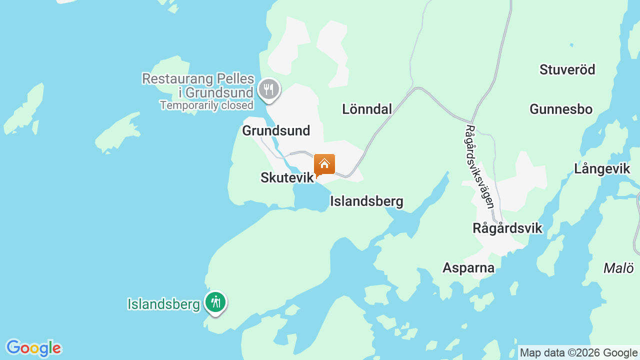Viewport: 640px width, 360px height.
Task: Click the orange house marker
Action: (x=324, y=164)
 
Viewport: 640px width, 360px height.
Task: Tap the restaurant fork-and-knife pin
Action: (x=269, y=89)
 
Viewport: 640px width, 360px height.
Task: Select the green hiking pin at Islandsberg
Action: (x=215, y=302)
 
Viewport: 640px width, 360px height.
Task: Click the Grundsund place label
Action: (x=276, y=130)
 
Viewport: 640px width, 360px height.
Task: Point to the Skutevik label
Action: (x=287, y=177)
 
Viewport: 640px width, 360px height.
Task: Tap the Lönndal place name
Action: (x=367, y=109)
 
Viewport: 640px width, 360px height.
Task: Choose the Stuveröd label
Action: (x=567, y=69)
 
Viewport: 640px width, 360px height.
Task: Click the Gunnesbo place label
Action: (x=561, y=109)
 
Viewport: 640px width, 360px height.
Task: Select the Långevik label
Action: (x=602, y=169)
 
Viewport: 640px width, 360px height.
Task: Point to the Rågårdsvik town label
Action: (x=507, y=228)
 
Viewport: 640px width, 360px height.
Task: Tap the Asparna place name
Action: (x=468, y=268)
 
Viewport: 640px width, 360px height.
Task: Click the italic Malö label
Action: (x=618, y=268)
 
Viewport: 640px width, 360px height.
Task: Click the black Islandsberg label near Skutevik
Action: (x=366, y=201)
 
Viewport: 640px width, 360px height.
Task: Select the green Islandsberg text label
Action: (x=163, y=304)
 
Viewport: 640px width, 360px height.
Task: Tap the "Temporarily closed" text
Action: (x=206, y=105)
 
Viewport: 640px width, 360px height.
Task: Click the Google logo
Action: (x=33, y=348)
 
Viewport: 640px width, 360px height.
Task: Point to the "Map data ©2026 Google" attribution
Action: (x=578, y=352)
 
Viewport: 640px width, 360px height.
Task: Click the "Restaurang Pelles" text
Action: (x=198, y=79)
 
